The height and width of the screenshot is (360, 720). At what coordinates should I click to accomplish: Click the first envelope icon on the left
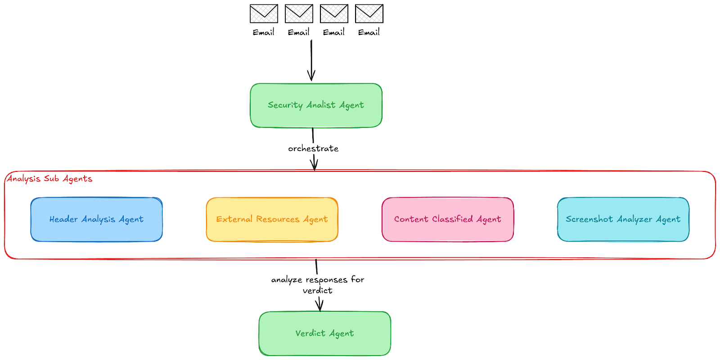(x=264, y=13)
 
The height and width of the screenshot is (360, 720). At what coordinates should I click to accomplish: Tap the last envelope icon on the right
(x=369, y=13)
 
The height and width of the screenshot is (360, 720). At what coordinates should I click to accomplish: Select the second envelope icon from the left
(x=299, y=13)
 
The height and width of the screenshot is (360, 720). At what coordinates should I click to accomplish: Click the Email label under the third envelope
(x=333, y=32)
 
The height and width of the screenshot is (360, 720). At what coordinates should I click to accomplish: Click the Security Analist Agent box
(x=316, y=105)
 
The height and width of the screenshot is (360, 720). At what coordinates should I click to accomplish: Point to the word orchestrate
(x=313, y=148)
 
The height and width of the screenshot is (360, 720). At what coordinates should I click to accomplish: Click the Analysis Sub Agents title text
(x=49, y=179)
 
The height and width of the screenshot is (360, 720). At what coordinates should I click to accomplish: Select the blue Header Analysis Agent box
(x=96, y=219)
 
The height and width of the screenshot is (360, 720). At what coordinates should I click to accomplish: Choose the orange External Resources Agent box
(x=272, y=219)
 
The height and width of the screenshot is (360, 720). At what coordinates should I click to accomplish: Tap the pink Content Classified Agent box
(x=447, y=219)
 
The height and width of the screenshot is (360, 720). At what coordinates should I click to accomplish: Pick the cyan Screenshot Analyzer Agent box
(x=623, y=219)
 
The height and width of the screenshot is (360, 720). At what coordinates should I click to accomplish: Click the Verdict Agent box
(x=324, y=333)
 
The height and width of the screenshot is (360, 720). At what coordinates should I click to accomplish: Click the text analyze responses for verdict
(x=318, y=285)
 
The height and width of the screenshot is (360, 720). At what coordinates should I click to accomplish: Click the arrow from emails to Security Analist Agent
(x=311, y=58)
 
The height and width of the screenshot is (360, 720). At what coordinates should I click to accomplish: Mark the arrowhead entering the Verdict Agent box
(x=319, y=306)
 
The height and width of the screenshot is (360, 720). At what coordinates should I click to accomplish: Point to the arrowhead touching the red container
(x=314, y=165)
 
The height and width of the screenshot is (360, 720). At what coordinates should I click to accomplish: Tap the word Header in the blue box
(x=63, y=219)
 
